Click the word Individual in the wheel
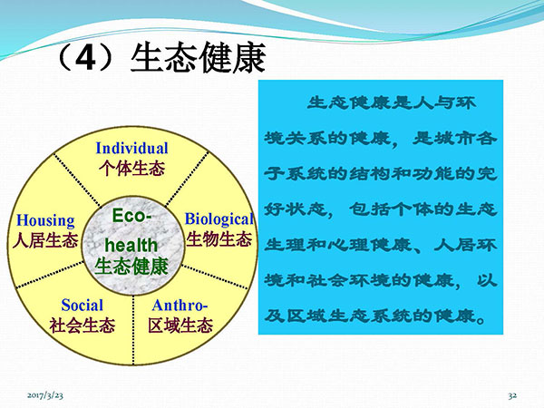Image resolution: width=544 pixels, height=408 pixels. click(x=131, y=148)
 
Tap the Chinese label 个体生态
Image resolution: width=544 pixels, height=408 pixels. click(x=131, y=169)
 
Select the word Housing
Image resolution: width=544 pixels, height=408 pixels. click(x=46, y=220)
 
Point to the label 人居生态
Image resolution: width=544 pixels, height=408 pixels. click(x=45, y=241)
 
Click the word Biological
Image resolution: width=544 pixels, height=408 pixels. click(x=219, y=219)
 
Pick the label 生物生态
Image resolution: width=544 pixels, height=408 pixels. click(x=219, y=239)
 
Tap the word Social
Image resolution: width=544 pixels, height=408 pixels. click(x=83, y=306)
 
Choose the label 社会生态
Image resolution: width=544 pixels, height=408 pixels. click(x=83, y=325)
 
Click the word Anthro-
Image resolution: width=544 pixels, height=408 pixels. click(x=180, y=306)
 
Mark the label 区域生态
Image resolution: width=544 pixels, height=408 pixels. click(x=180, y=325)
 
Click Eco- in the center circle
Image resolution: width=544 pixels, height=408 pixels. click(x=131, y=216)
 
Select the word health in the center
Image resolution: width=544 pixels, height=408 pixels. click(x=131, y=246)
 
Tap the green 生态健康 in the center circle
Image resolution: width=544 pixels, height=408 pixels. click(x=131, y=267)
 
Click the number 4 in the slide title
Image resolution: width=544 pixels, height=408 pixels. click(x=85, y=58)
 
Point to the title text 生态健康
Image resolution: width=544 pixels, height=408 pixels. click(x=198, y=58)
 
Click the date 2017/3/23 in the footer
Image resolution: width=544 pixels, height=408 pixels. click(x=45, y=395)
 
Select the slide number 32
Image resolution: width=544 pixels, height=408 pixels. click(x=512, y=395)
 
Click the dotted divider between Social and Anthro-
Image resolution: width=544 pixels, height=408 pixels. click(x=133, y=330)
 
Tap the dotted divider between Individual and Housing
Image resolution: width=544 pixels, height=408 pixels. click(x=77, y=180)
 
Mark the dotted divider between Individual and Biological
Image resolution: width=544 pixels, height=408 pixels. click(x=187, y=179)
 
